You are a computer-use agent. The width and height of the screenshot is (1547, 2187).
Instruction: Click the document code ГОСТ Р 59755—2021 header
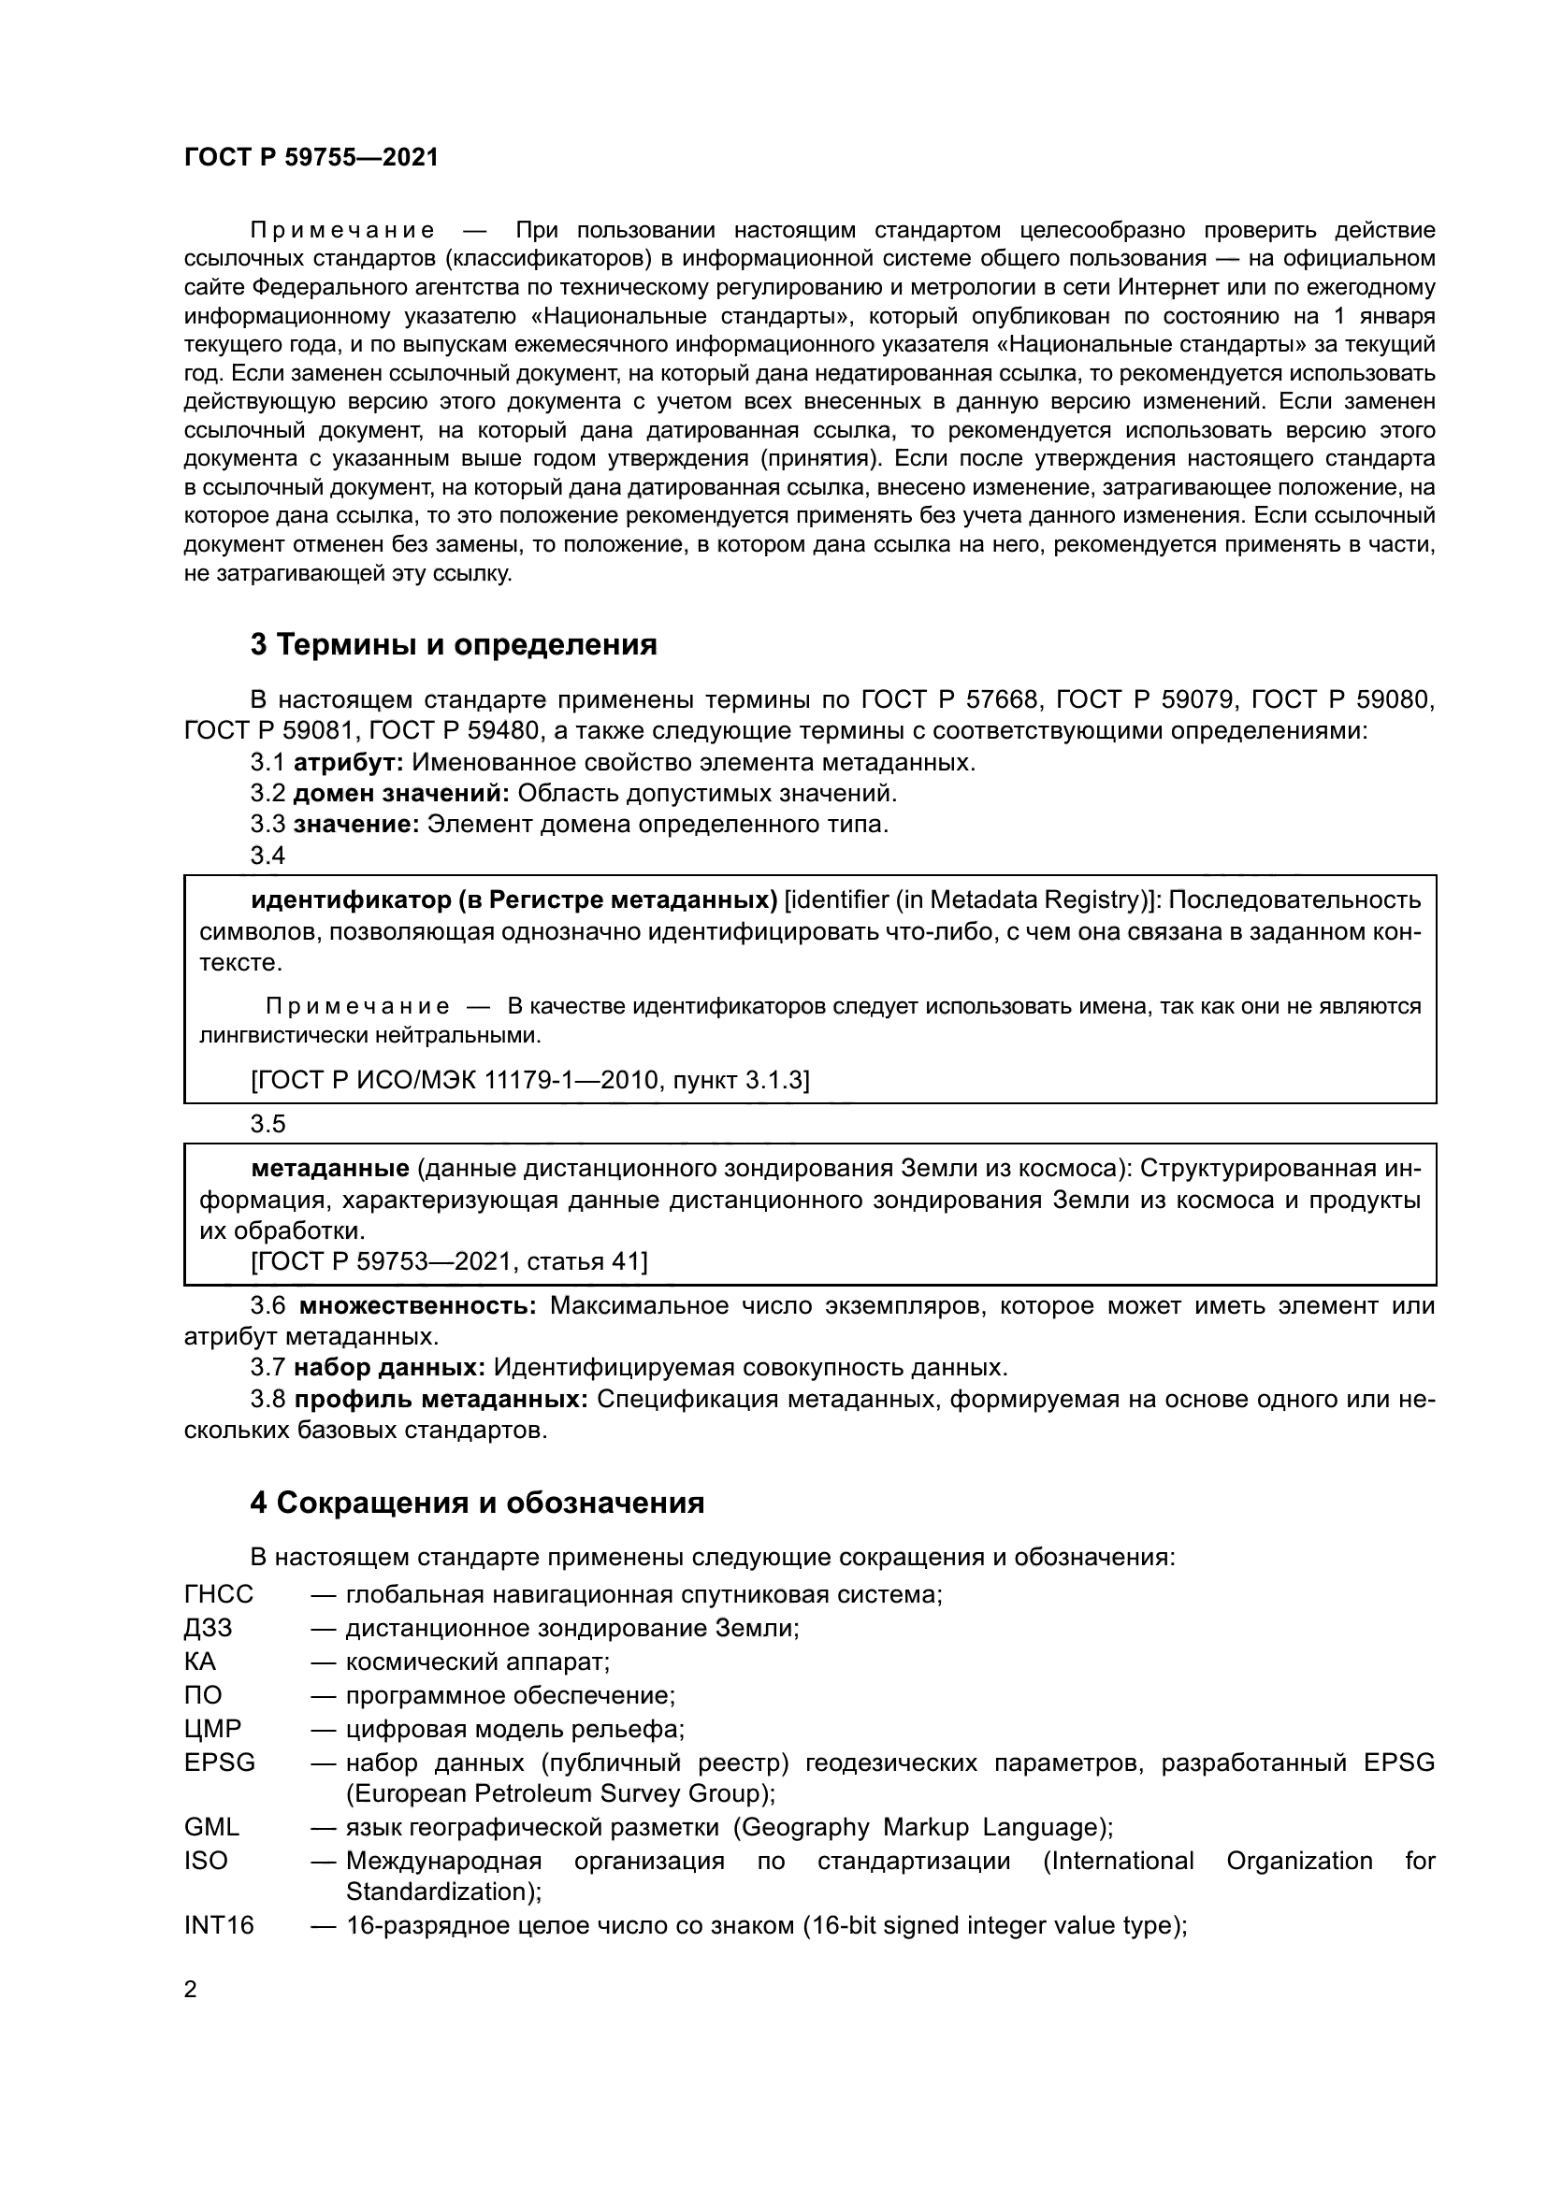point(311,158)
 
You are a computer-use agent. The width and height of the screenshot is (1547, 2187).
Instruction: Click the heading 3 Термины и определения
point(454,645)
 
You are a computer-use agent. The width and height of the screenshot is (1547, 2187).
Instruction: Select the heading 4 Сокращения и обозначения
point(476,1504)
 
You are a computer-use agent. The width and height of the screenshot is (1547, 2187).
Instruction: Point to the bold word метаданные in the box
point(329,1169)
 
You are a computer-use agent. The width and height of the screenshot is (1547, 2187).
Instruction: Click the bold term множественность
point(417,1306)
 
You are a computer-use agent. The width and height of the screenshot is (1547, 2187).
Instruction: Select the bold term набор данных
point(389,1368)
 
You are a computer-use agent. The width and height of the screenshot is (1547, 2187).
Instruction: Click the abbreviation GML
point(211,1827)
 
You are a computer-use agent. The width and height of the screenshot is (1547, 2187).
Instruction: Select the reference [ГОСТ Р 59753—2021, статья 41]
point(449,1262)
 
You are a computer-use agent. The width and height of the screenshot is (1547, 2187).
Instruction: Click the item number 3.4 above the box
point(267,856)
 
